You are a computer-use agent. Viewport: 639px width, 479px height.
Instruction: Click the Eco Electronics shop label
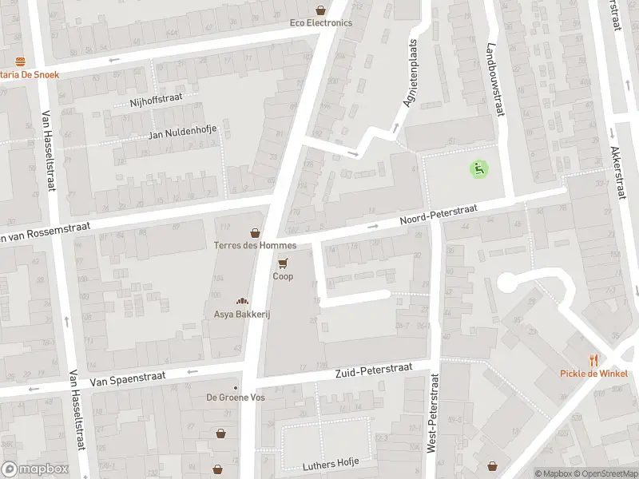[320, 22]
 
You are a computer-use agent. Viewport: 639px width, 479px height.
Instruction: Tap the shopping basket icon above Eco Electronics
[320, 10]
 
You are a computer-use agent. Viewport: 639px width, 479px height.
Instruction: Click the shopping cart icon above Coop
[283, 263]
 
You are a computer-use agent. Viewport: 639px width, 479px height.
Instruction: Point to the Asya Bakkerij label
[242, 315]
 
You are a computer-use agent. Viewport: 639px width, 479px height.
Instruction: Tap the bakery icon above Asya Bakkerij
[241, 301]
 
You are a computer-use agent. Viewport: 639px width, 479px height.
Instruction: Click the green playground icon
[478, 168]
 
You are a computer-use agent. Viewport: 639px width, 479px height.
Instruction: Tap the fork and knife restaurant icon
[593, 360]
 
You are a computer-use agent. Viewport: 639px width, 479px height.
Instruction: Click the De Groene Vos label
[236, 398]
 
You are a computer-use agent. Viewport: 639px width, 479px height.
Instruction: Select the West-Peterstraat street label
[432, 414]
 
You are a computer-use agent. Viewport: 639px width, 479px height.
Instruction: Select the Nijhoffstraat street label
[156, 101]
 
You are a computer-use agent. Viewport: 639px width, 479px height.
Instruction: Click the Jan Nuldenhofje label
[182, 135]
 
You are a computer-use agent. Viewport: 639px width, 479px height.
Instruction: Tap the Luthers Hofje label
[331, 463]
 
